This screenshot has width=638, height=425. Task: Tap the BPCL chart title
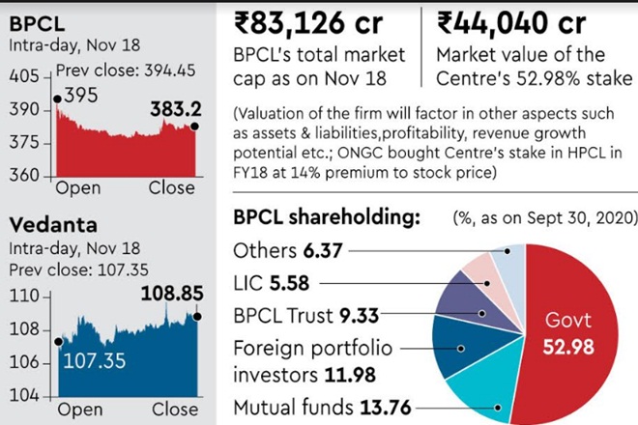(35, 20)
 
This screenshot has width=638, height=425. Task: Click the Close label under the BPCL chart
(171, 186)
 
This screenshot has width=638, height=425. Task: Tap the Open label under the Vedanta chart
(78, 410)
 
